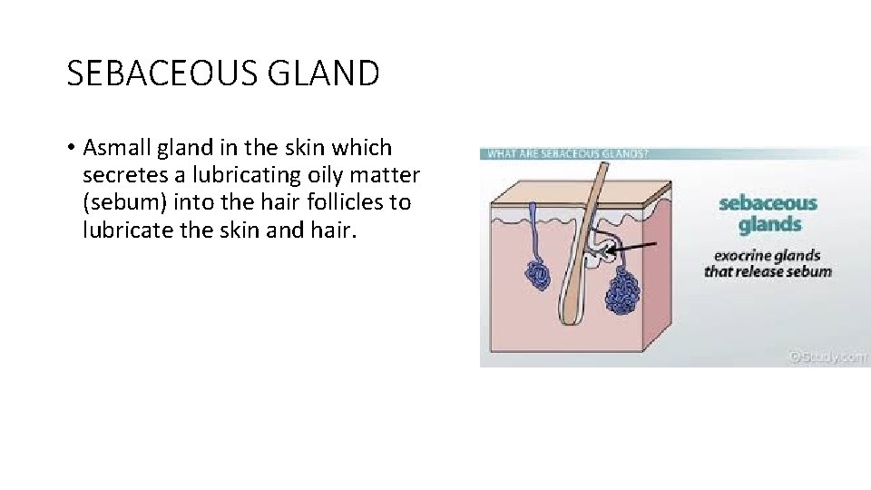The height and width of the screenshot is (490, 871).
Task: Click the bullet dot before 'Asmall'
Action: click(x=70, y=148)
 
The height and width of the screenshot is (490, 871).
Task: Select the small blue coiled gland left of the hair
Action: click(x=536, y=273)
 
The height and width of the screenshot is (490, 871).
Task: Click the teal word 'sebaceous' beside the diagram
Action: click(x=768, y=203)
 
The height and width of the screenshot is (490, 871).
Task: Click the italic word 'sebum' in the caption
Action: click(x=809, y=271)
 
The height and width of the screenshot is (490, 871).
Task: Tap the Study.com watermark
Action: click(x=827, y=357)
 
